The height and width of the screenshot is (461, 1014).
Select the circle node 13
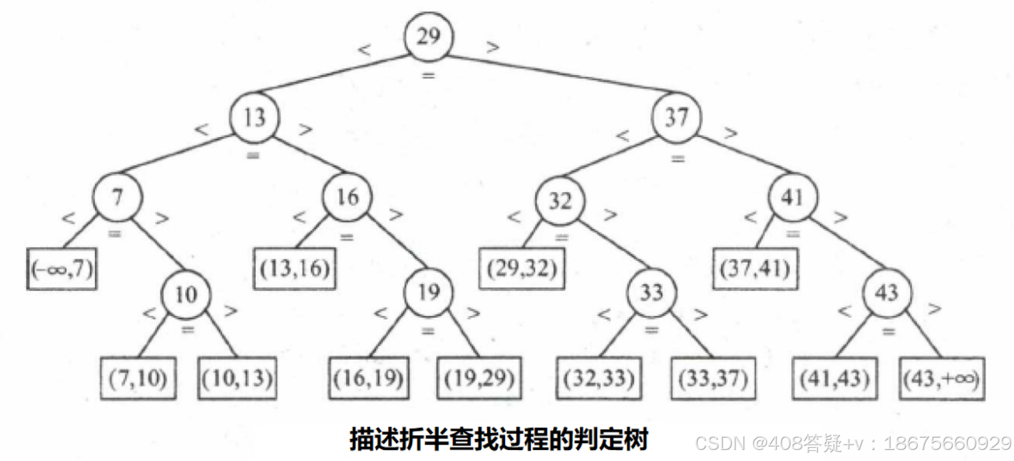(255, 118)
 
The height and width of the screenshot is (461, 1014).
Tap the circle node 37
(676, 118)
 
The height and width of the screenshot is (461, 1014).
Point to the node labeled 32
(561, 201)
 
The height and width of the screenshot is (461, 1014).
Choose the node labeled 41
(793, 198)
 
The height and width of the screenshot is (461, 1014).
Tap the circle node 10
(186, 294)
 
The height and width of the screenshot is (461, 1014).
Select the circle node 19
(428, 293)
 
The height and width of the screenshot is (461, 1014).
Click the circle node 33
(650, 293)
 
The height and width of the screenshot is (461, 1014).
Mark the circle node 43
(886, 293)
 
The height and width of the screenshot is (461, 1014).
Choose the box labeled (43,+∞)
(942, 378)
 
